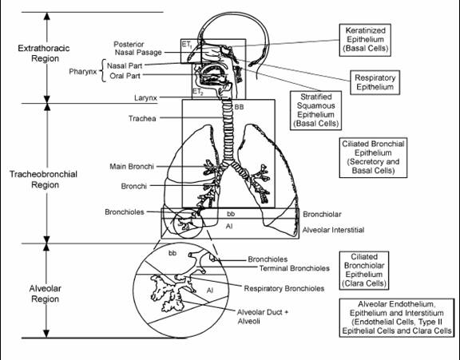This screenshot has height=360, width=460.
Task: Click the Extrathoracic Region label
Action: coord(44,53)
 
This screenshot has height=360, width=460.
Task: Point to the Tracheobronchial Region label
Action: coord(44,180)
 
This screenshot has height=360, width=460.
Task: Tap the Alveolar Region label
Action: coord(46,294)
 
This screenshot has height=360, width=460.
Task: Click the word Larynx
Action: coord(145,98)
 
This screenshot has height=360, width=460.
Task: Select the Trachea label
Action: coord(142,118)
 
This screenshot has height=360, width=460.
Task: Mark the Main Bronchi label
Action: coord(132,167)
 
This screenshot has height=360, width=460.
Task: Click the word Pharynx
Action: coord(83,72)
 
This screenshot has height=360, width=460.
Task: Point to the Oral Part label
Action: coord(125,76)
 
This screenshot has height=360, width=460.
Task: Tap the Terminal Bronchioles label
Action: coord(295,268)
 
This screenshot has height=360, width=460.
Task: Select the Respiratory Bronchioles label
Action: coord(284,288)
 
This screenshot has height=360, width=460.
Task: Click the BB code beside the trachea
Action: coord(239,107)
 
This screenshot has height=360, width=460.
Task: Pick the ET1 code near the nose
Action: coord(187,45)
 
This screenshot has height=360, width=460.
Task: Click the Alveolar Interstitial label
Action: coord(333,230)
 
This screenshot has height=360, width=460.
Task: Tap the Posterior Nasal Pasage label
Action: coord(138,49)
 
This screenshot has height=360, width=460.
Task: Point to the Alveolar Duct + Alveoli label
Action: coord(263,317)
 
